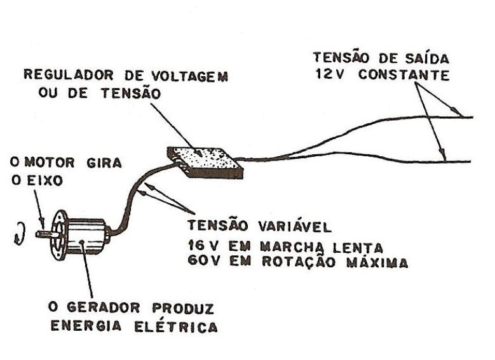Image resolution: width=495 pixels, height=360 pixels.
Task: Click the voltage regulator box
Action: (x=203, y=161)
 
